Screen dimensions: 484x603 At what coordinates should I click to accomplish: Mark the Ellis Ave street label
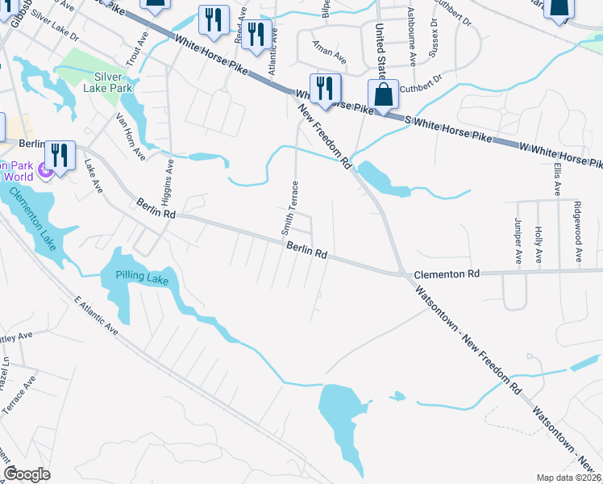(x=557, y=178)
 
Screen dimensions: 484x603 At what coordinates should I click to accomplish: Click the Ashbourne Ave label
(x=411, y=37)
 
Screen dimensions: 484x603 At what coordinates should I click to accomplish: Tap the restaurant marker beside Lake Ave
(x=60, y=154)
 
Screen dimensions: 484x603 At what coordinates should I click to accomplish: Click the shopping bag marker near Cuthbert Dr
(x=385, y=94)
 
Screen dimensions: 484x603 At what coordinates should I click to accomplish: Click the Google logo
(x=27, y=474)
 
